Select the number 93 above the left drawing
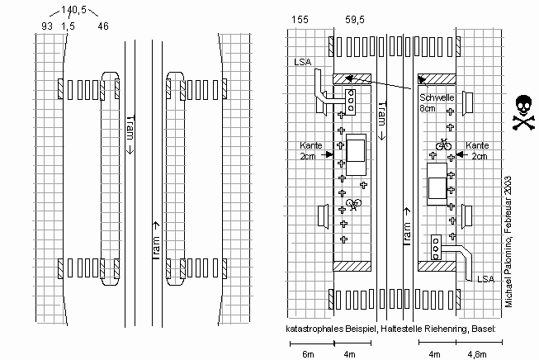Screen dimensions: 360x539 pyautogui.click(x=48, y=26)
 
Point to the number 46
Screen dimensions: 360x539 pyautogui.click(x=103, y=26)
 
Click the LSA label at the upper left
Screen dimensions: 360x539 pyautogui.click(x=303, y=62)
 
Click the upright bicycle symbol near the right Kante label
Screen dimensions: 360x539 pyautogui.click(x=442, y=144)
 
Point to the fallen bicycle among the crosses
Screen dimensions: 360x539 pyautogui.click(x=354, y=203)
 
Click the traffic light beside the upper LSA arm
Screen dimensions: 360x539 pyautogui.click(x=352, y=101)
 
